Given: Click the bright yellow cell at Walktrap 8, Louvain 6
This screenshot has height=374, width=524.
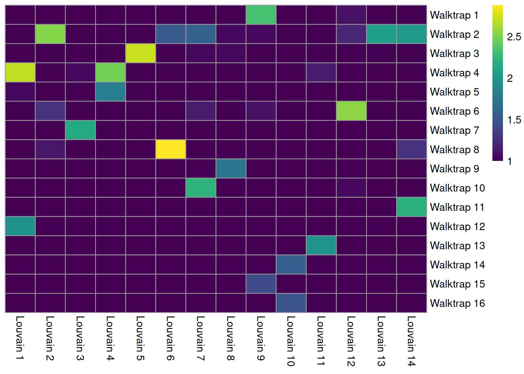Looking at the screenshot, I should [170, 149].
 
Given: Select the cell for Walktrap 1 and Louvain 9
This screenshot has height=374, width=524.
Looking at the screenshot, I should [261, 15].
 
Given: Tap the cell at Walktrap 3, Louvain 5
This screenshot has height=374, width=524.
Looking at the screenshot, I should [140, 53].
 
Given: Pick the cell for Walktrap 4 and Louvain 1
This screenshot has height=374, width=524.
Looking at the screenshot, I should [20, 72].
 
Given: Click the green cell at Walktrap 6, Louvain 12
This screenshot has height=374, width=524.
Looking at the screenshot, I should [351, 111].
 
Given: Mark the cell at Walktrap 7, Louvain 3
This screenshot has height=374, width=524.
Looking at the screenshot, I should [80, 130].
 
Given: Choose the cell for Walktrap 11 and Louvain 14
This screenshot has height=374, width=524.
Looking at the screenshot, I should [411, 207].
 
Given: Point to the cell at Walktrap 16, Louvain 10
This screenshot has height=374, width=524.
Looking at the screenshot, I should [291, 303].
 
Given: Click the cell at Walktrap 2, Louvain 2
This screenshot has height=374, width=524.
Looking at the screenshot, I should [50, 34].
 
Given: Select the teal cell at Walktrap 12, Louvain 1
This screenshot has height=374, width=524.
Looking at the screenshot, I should [20, 226].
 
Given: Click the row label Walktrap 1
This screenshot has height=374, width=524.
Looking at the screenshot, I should [454, 15].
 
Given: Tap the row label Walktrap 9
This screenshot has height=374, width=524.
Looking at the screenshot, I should [454, 169].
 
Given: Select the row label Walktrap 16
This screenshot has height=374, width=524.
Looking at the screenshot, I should [457, 303].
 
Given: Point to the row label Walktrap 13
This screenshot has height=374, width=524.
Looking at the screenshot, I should [457, 245].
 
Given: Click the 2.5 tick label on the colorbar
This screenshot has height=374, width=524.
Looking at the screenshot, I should [514, 37].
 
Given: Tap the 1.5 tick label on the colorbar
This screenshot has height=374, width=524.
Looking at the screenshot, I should [514, 120].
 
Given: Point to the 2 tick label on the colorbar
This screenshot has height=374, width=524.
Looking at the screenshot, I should [510, 78].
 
